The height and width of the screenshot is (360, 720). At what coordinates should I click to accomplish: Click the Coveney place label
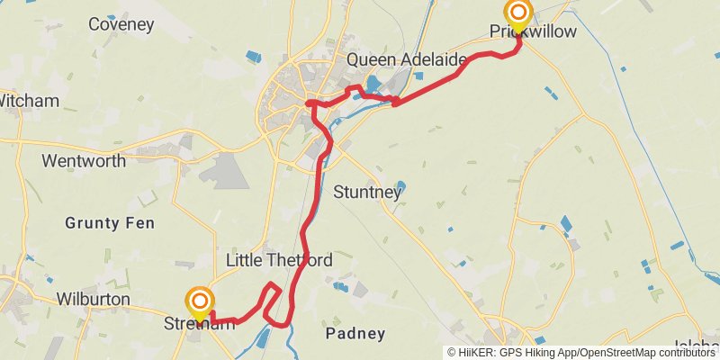pyautogui.click(x=121, y=24)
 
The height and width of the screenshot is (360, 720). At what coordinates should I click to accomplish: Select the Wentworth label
pyautogui.click(x=84, y=162)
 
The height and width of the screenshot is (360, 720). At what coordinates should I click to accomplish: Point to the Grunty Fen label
pyautogui.click(x=109, y=222)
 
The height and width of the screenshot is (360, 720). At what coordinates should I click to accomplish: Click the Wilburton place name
pyautogui.click(x=93, y=299)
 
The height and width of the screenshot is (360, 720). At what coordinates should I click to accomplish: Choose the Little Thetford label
pyautogui.click(x=279, y=261)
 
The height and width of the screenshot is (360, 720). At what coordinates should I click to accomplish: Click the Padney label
pyautogui.click(x=355, y=334)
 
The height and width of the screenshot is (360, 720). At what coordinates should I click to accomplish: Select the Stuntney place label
pyautogui.click(x=364, y=192)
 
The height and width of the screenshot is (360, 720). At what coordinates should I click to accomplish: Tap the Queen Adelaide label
pyautogui.click(x=407, y=60)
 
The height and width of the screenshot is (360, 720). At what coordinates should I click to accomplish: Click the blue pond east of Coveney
pyautogui.click(x=252, y=58)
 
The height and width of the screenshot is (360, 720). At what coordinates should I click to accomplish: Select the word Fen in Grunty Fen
pyautogui.click(x=140, y=222)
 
